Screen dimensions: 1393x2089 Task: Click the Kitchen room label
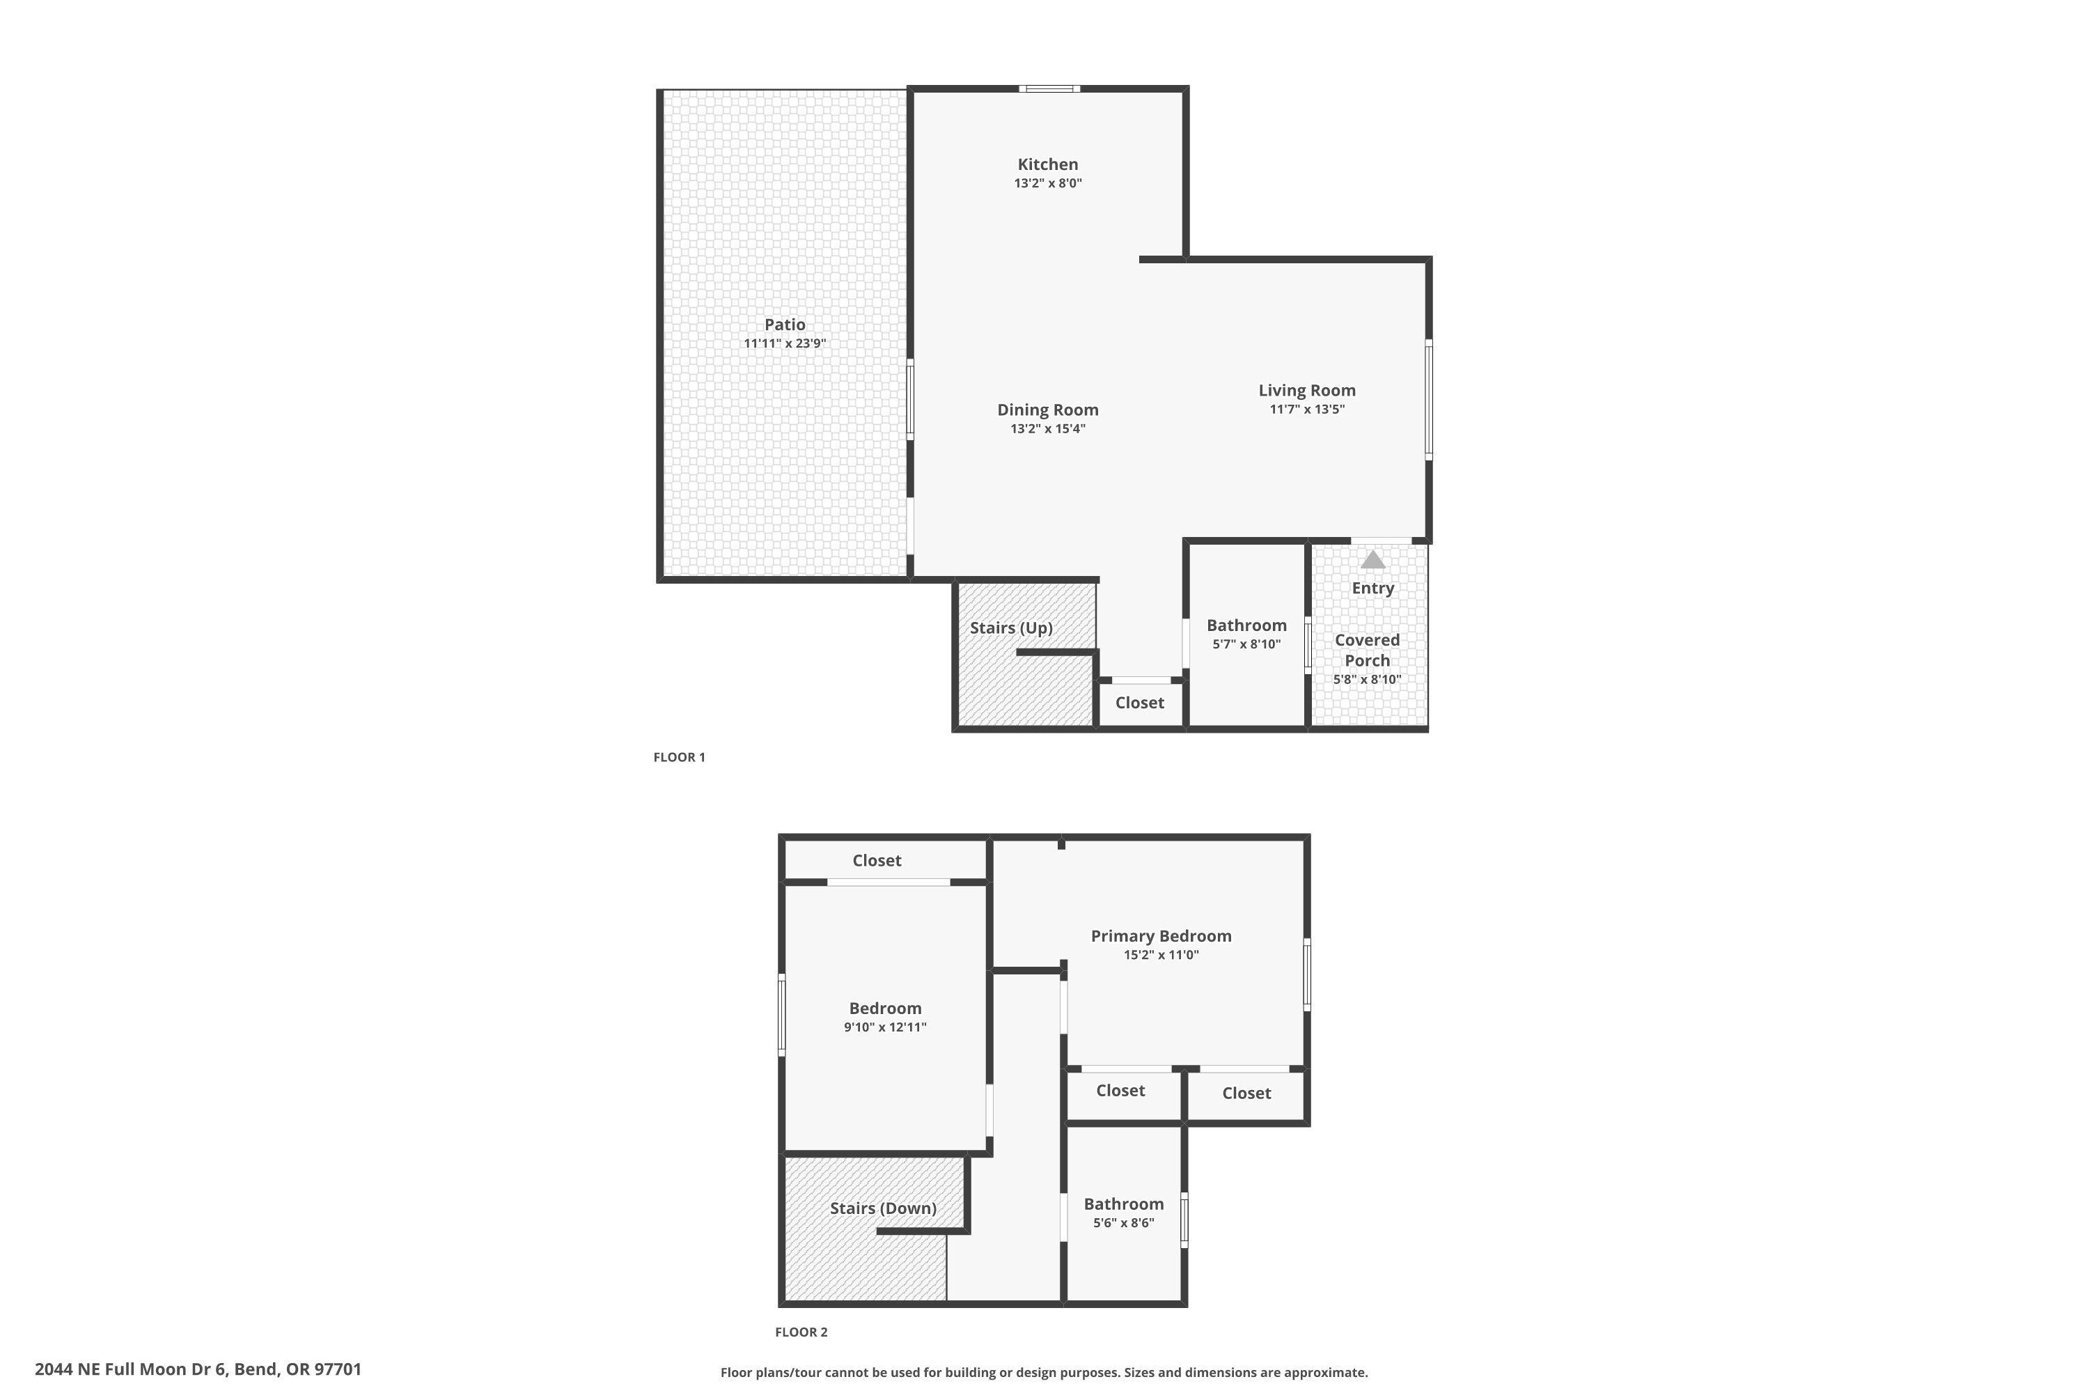pos(1047,164)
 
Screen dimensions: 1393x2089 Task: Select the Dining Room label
pos(1047,410)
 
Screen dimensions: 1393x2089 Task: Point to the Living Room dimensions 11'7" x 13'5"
pos(1306,410)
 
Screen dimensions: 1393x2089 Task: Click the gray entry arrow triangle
pos(1372,560)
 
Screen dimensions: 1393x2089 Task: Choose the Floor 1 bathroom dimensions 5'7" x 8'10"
pos(1246,644)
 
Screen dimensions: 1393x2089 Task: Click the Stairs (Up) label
pos(1011,628)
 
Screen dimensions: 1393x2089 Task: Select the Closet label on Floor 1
pos(1139,703)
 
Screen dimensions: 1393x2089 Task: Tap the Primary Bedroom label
pos(1161,935)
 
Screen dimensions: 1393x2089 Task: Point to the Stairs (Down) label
pos(883,1208)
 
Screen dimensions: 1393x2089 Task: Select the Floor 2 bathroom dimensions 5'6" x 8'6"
pos(1124,1223)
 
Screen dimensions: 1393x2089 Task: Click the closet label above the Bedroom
pos(877,860)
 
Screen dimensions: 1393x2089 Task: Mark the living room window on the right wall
pos(1428,400)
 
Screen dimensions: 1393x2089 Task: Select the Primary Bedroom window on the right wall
pos(1306,974)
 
